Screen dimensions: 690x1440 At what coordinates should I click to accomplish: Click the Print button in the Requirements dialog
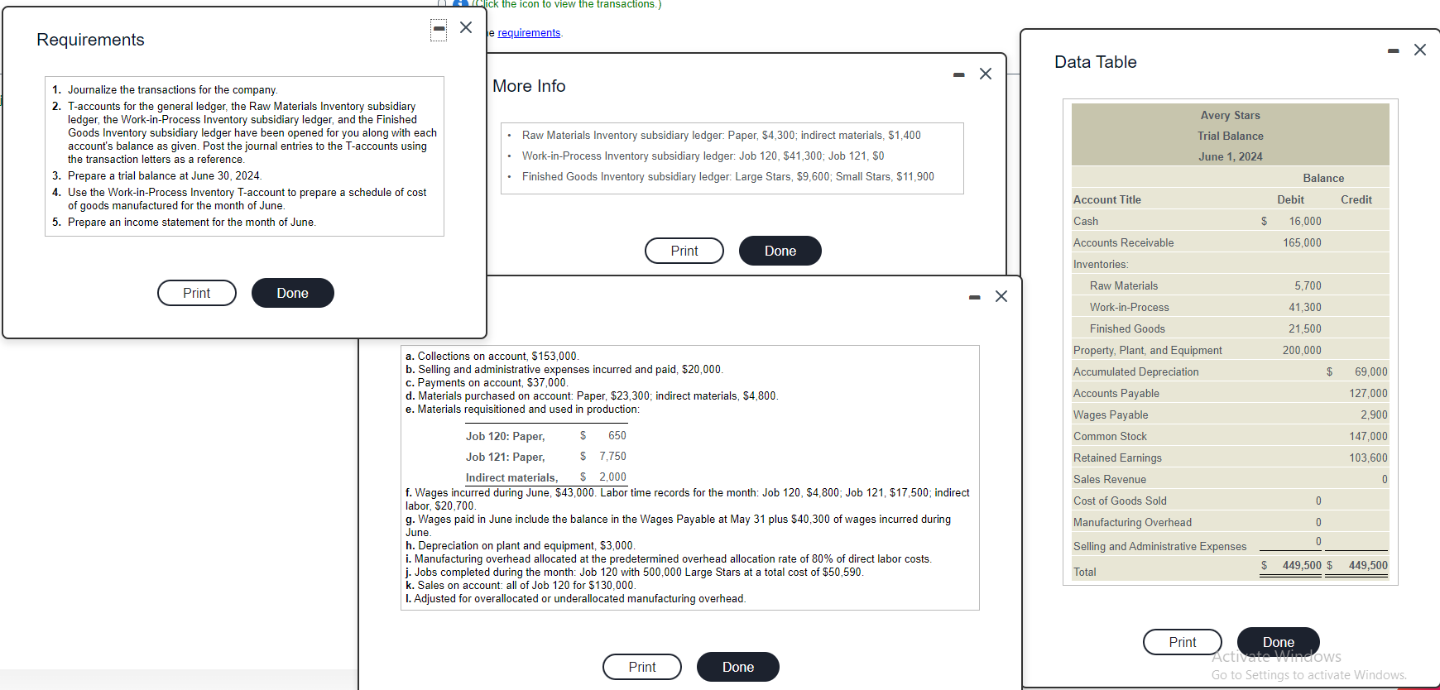click(197, 293)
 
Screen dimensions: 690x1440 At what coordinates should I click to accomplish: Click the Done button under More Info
click(780, 251)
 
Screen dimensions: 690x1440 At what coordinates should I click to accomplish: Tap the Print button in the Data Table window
click(1182, 642)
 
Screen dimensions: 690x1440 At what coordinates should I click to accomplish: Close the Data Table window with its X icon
click(1420, 50)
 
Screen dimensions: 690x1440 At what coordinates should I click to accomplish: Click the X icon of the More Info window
click(986, 74)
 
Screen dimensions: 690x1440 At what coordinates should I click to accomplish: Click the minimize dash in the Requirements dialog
click(439, 29)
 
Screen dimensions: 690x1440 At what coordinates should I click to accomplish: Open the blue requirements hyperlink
click(529, 33)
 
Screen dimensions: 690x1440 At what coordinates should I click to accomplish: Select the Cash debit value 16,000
click(1304, 221)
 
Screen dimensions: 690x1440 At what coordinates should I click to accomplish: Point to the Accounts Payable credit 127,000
click(1368, 393)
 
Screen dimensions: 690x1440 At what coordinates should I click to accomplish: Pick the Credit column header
click(1356, 199)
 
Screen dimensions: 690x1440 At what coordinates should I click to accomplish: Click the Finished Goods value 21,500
click(1304, 328)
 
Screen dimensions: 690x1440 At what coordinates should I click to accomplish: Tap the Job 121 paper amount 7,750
click(612, 456)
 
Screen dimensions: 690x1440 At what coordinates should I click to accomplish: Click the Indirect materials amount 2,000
click(612, 477)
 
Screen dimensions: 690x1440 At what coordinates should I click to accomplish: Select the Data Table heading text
click(1095, 62)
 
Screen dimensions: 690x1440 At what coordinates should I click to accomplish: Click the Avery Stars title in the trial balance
click(1230, 115)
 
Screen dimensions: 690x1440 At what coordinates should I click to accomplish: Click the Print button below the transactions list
click(641, 667)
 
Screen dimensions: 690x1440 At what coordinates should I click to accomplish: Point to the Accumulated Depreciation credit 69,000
click(1370, 371)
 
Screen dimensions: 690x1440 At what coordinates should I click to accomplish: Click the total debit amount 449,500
click(1301, 565)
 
